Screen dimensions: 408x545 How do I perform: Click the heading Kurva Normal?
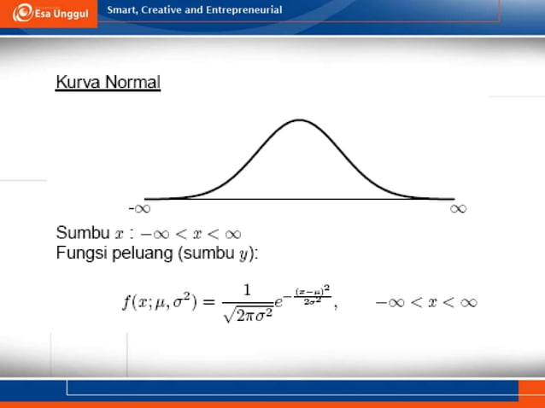click(108, 83)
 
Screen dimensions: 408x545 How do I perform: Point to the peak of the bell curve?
click(299, 119)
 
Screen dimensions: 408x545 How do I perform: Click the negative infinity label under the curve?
click(140, 207)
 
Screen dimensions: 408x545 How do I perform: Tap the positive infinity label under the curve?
click(458, 207)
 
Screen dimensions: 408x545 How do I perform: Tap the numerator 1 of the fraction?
click(247, 291)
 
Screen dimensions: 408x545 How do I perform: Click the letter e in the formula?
click(280, 302)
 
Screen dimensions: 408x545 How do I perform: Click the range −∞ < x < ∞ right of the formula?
click(426, 301)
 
